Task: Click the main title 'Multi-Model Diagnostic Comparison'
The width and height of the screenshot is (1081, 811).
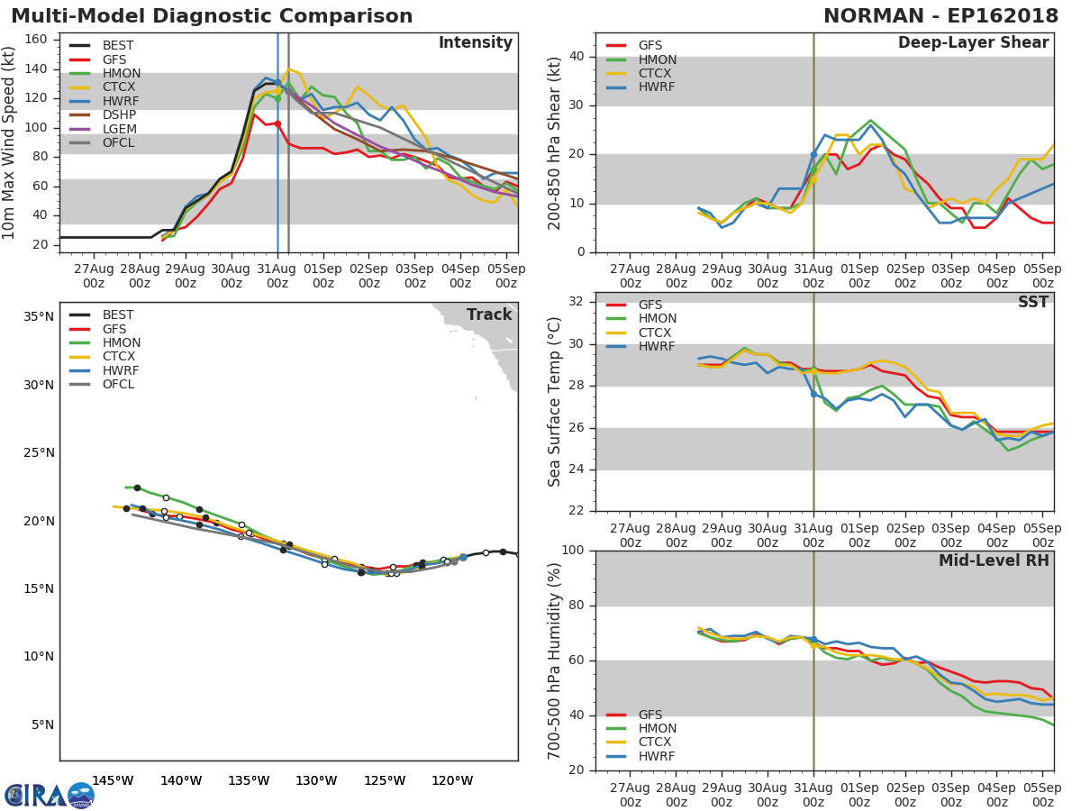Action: (x=212, y=16)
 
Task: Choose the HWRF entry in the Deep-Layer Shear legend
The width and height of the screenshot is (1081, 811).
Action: (x=656, y=87)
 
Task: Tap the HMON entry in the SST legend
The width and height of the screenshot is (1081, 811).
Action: (x=656, y=319)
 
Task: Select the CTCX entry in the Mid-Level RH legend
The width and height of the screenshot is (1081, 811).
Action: (x=656, y=743)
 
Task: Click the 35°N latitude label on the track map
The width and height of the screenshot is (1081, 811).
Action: (x=39, y=317)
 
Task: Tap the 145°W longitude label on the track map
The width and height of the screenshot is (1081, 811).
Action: (x=113, y=780)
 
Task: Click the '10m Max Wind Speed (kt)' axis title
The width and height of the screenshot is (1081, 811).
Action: (x=10, y=142)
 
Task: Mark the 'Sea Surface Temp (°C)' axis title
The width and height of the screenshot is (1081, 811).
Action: (x=554, y=402)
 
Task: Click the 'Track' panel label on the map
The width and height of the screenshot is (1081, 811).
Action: (x=489, y=315)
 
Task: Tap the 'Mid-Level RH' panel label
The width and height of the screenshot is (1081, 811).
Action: (x=994, y=561)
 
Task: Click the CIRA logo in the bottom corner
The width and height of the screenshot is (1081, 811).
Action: (x=50, y=795)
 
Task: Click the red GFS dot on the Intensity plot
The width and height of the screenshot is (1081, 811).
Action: (x=277, y=123)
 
